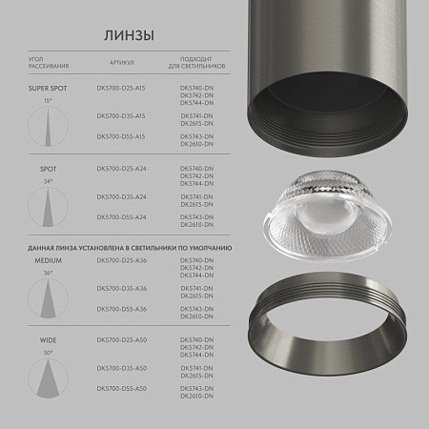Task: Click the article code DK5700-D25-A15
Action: (121, 88)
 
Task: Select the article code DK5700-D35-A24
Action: (121, 196)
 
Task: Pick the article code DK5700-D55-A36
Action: (121, 308)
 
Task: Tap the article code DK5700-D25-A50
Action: (121, 339)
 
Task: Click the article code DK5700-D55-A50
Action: (121, 388)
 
